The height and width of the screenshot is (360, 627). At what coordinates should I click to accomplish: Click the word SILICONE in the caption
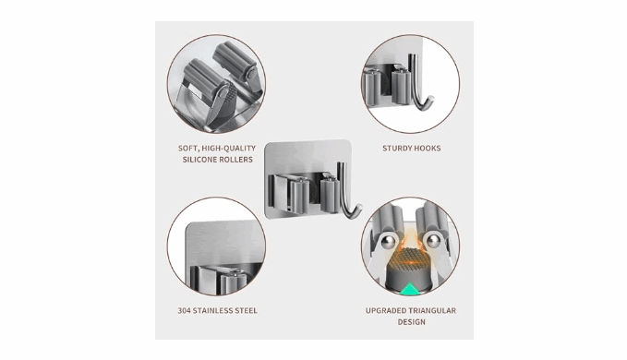(199, 160)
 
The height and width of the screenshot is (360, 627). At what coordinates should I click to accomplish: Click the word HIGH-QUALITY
(228, 148)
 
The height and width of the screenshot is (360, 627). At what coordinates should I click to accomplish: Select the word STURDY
(396, 149)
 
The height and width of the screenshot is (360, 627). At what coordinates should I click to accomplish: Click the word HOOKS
(427, 149)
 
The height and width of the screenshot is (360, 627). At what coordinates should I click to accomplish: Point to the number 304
(184, 310)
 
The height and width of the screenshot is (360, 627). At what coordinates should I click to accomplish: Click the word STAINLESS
(213, 310)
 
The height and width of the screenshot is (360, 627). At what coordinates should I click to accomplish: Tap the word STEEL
(247, 310)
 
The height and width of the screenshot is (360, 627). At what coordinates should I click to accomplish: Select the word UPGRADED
(385, 310)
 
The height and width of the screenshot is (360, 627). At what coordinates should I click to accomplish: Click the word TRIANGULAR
(432, 310)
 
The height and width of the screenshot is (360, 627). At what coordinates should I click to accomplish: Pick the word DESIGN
(411, 322)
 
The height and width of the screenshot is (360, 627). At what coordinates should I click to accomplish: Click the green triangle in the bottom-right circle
(410, 289)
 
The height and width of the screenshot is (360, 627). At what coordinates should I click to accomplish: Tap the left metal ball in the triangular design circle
(388, 242)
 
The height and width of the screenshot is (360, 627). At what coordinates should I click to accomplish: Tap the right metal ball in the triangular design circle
(433, 242)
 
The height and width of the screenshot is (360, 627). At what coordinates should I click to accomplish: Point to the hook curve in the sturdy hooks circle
(423, 103)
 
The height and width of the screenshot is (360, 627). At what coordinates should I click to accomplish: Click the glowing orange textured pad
(411, 258)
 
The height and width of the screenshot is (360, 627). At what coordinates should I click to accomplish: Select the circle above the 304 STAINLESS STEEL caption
(216, 246)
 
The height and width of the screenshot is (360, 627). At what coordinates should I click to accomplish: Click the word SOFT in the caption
(187, 149)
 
